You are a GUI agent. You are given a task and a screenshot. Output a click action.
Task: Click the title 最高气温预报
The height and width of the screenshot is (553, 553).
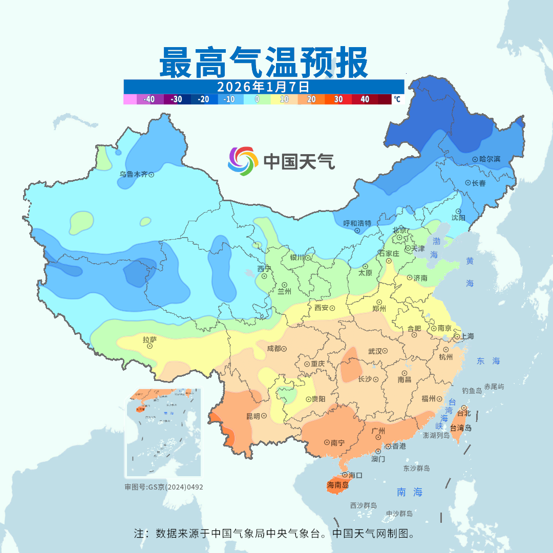tap(264, 62)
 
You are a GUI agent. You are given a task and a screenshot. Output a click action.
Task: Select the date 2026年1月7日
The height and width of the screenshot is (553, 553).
tap(264, 86)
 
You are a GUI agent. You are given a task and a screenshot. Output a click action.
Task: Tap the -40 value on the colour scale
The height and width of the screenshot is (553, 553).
tap(149, 99)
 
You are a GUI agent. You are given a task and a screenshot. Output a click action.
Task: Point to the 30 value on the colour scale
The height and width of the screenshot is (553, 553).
tap(338, 99)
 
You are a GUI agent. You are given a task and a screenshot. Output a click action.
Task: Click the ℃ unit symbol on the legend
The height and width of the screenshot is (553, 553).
tap(397, 99)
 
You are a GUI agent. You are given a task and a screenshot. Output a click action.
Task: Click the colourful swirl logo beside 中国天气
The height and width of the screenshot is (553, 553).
tap(242, 161)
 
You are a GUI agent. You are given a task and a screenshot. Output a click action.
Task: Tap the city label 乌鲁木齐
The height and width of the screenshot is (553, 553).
tap(133, 174)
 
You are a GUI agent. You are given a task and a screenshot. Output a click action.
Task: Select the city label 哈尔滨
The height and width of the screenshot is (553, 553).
tap(490, 159)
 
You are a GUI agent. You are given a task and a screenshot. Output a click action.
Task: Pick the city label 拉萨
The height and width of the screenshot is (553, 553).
tap(150, 339)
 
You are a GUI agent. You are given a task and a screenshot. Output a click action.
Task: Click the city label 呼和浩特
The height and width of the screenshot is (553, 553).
tap(357, 223)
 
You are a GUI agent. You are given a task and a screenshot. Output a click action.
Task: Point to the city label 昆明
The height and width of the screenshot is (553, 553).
tap(253, 416)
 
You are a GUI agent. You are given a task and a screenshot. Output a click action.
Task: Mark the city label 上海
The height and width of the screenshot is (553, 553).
tap(467, 336)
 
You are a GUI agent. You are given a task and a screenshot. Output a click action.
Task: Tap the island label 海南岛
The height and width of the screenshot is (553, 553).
tap(338, 484)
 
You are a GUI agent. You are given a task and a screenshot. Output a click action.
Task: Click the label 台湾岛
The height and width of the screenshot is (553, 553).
tap(461, 428)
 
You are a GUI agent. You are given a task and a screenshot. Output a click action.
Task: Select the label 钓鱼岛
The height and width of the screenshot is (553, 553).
tap(472, 391)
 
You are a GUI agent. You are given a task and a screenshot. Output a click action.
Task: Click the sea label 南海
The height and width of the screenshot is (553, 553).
tap(410, 492)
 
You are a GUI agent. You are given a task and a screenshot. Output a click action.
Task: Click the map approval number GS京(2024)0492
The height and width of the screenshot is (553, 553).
tap(164, 487)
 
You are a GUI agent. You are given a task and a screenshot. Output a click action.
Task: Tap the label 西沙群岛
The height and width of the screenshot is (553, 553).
tap(364, 505)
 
